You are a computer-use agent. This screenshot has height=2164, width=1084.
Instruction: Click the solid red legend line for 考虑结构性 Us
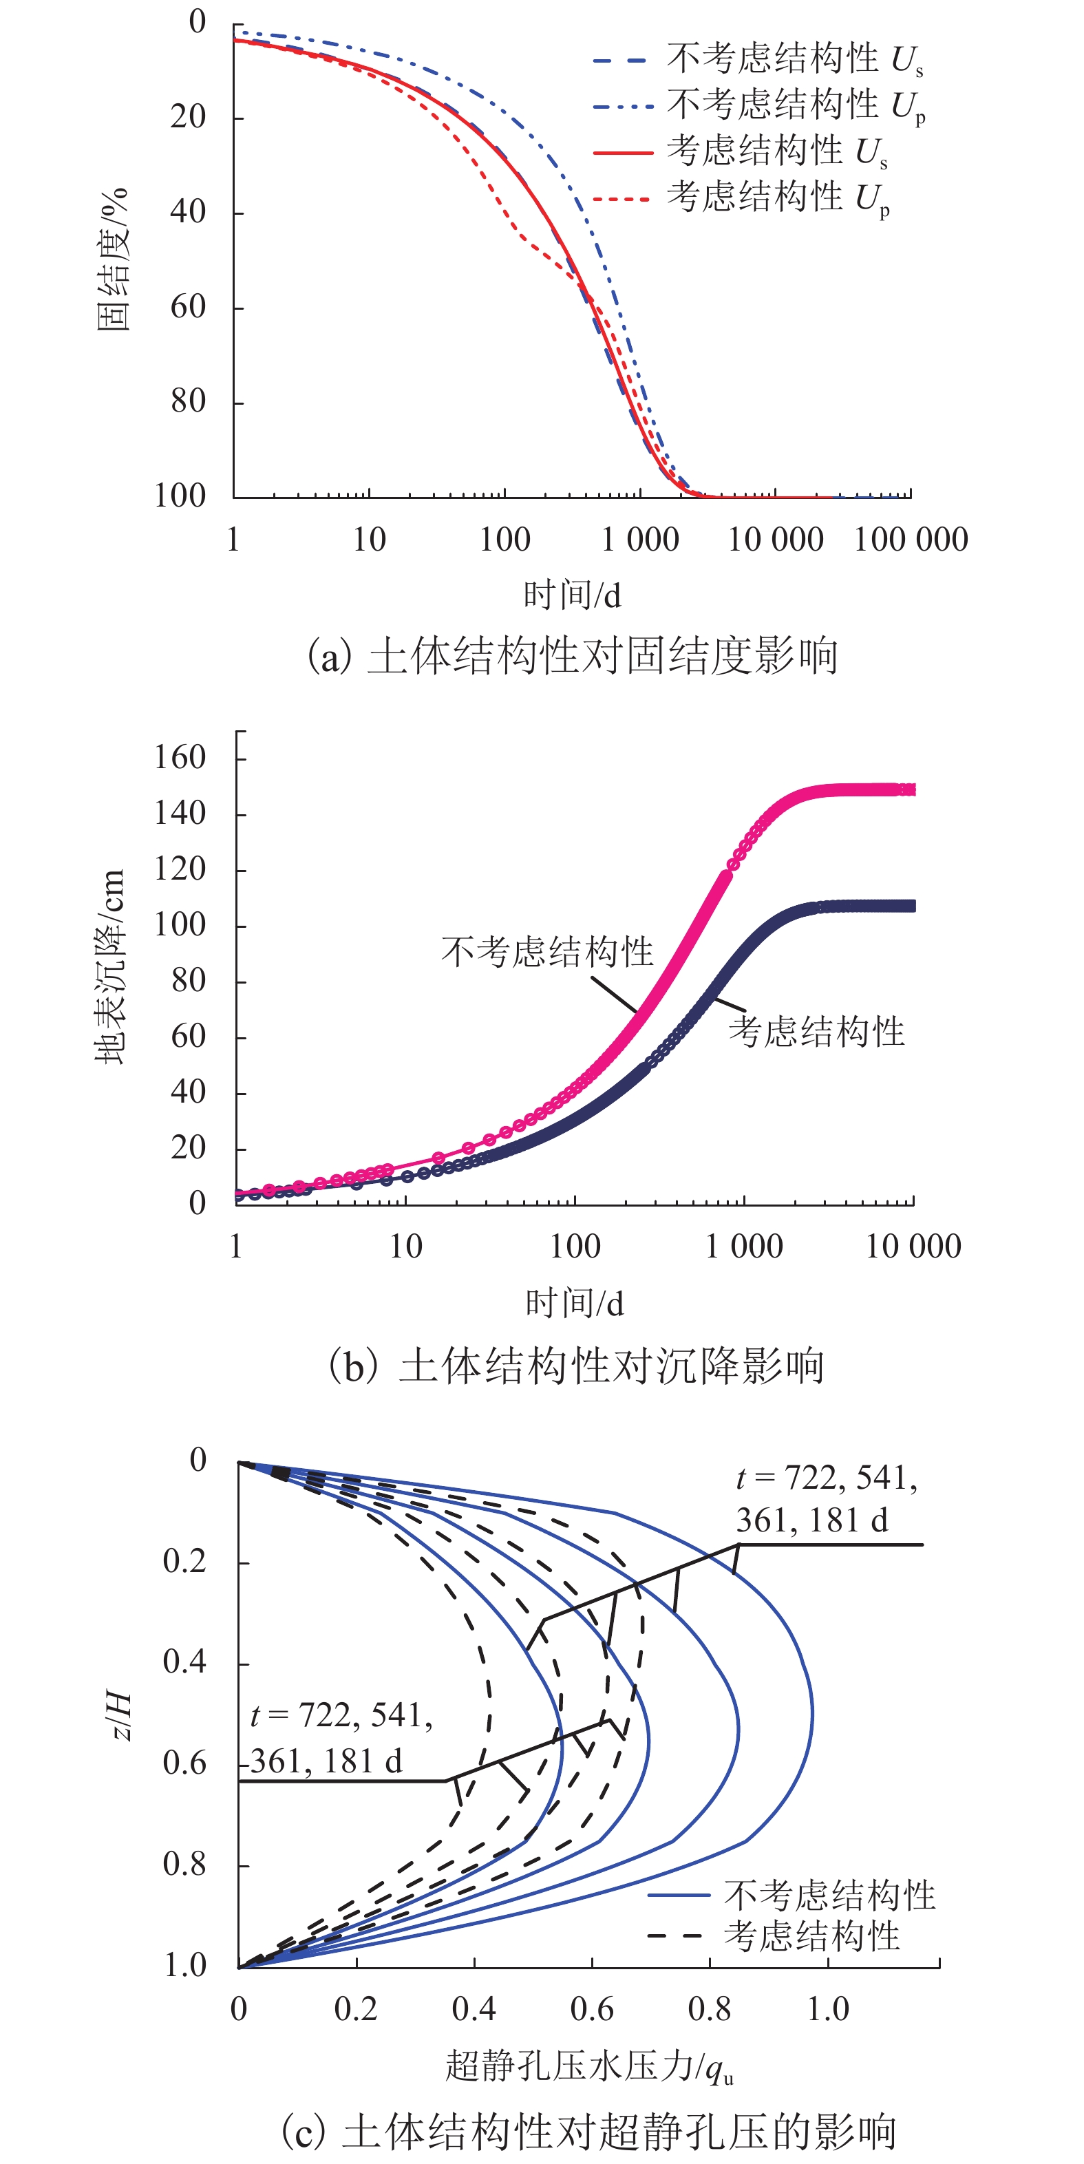(x=623, y=153)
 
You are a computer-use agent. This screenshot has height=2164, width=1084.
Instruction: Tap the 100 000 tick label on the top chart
(x=911, y=540)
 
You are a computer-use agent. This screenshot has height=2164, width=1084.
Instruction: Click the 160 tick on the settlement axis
(x=180, y=758)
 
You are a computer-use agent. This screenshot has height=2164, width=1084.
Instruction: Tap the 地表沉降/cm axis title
(x=111, y=967)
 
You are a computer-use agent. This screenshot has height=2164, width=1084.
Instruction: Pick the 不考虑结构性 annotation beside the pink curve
(x=547, y=952)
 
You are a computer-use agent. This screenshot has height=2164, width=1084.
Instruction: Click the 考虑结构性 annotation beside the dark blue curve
(x=816, y=1032)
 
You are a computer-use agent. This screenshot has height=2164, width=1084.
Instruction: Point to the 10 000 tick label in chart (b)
(x=913, y=1247)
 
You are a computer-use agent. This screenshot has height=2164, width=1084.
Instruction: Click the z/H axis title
(x=120, y=1716)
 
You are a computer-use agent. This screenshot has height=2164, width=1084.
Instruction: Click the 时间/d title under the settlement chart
(x=574, y=1303)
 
